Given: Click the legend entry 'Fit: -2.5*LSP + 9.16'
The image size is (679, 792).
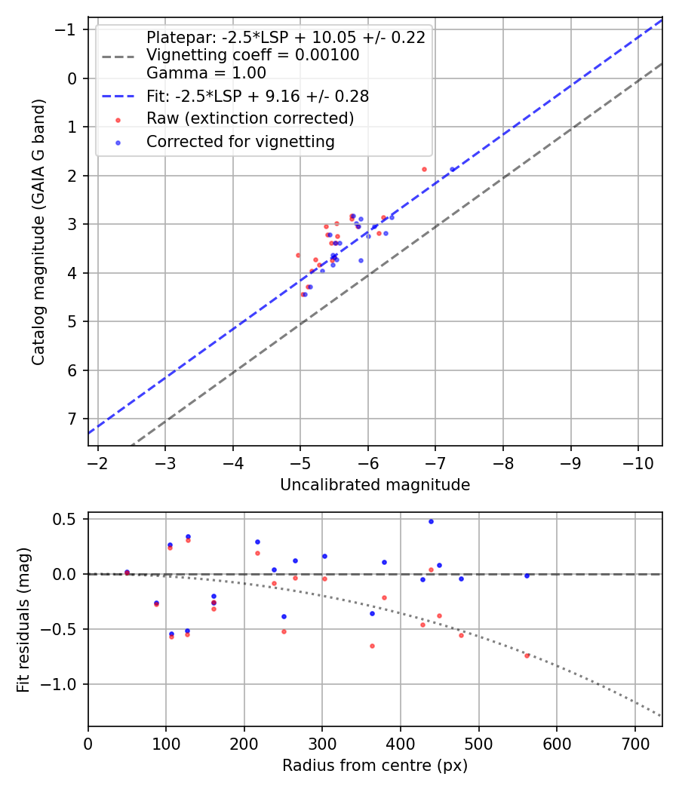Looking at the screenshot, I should click(257, 97).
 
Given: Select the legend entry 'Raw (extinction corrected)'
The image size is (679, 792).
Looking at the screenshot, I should click(250, 119).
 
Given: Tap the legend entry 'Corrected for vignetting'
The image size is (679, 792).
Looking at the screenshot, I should click(241, 141).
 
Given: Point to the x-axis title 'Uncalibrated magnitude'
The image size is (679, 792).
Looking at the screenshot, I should click(375, 485).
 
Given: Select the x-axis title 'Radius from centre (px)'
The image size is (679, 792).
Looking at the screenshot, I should click(375, 766).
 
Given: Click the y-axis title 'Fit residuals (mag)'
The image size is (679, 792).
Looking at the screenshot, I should click(23, 619).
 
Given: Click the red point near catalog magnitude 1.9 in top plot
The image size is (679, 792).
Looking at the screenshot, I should click(424, 169).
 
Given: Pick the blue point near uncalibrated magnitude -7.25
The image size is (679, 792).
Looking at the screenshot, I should click(453, 170).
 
